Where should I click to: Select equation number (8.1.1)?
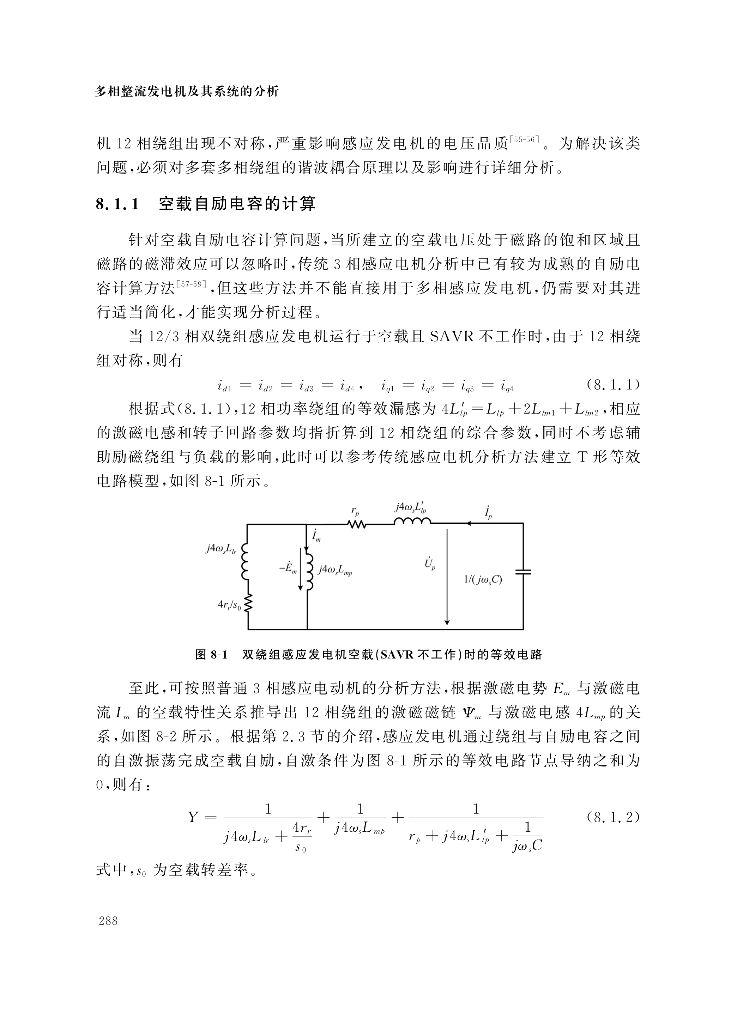coord(613,385)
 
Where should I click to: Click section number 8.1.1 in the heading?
coord(117,204)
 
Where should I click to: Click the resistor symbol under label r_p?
coord(356,524)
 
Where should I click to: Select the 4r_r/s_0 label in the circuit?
coord(229,605)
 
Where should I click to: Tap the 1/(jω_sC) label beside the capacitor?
coord(483,580)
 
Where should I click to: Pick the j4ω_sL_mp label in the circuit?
coord(335,570)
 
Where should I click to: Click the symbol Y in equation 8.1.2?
coord(193,818)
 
